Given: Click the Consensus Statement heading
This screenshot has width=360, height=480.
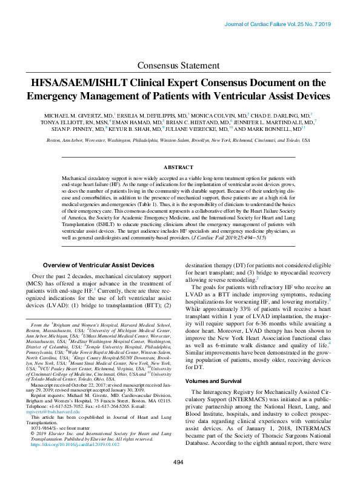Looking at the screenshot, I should click(x=179, y=65).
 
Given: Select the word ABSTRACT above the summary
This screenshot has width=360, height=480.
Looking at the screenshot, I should click(x=179, y=167).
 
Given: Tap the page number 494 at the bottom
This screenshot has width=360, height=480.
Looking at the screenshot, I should click(x=178, y=462).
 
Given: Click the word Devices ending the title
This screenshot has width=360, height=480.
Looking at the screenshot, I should click(x=309, y=96).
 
